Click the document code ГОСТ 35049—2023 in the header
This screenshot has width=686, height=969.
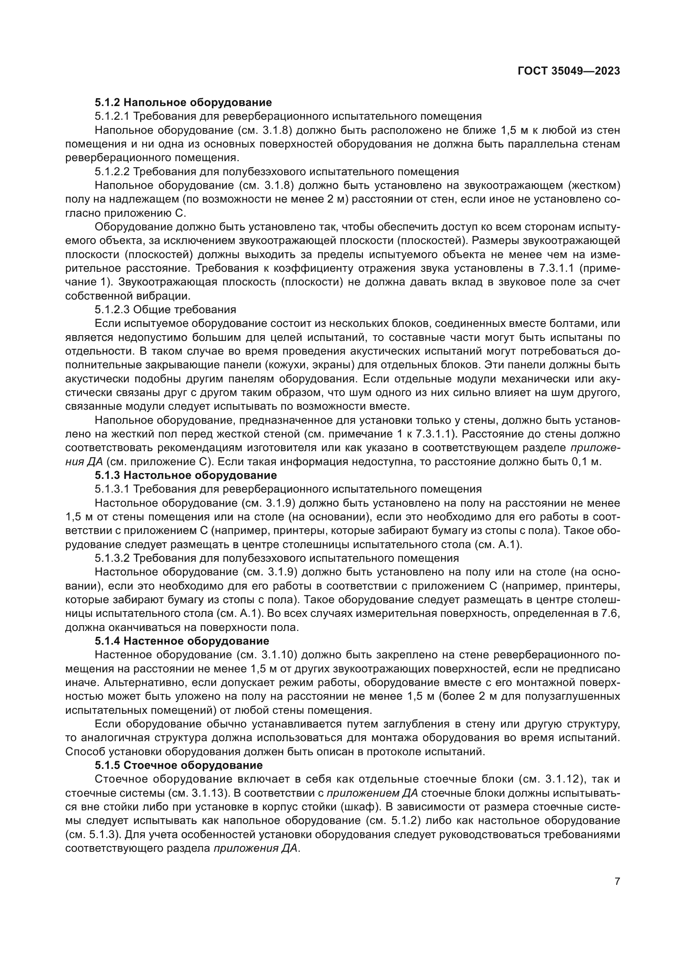[x=569, y=71]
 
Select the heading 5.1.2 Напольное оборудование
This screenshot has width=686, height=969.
[x=183, y=102]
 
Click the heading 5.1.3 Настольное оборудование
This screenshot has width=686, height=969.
[x=185, y=475]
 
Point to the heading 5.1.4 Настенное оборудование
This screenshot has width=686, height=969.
[x=182, y=641]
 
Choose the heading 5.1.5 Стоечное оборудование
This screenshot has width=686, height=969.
[x=178, y=765]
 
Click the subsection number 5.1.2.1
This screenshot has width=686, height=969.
[x=112, y=116]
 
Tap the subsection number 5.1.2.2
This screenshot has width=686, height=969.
[x=112, y=172]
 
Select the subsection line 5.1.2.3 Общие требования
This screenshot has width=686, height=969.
[x=165, y=309]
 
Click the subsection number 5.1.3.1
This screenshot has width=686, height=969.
[x=112, y=489]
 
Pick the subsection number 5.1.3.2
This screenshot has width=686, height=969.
[x=112, y=558]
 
